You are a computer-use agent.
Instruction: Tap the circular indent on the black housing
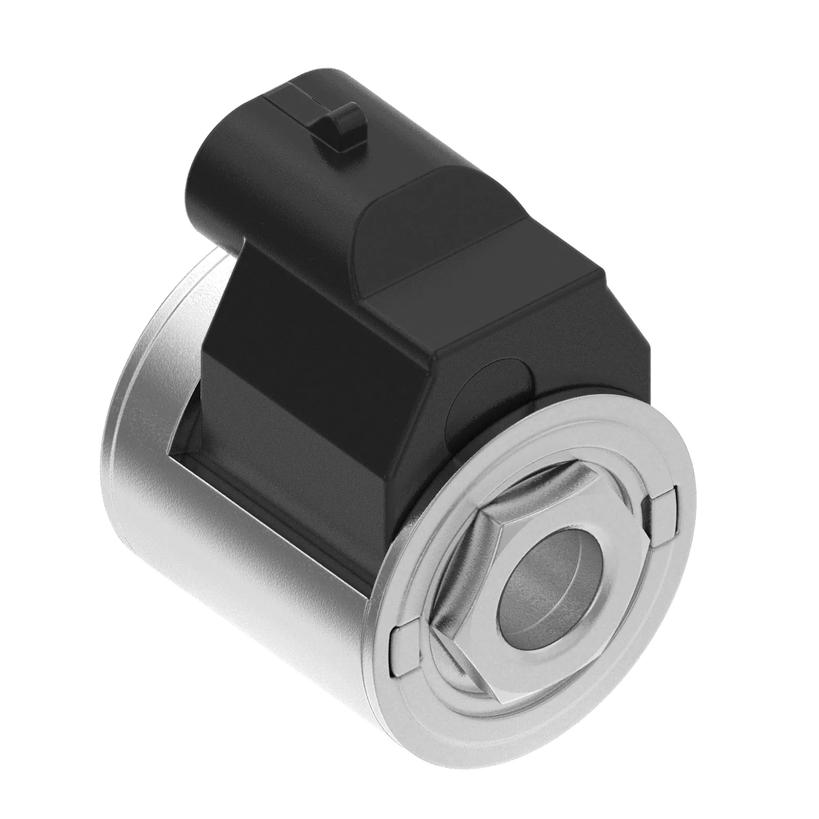coord(496,382)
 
